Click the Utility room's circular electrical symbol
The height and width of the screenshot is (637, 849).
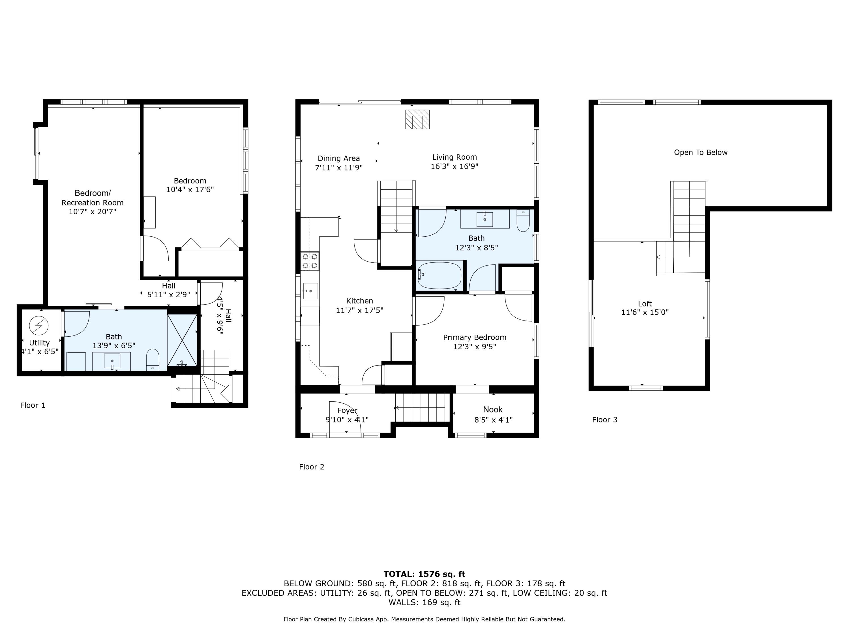(x=39, y=326)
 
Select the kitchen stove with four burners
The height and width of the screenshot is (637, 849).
(x=310, y=261)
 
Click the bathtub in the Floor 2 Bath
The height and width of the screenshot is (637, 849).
(x=439, y=275)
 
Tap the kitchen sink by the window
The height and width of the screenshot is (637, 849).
(x=310, y=291)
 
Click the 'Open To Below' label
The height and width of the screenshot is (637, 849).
(x=700, y=152)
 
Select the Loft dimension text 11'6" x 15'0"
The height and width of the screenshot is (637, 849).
(x=645, y=313)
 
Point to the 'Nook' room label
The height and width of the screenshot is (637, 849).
(x=493, y=409)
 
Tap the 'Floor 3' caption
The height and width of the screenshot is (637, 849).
(x=604, y=420)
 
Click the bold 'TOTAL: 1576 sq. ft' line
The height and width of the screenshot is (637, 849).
(x=424, y=574)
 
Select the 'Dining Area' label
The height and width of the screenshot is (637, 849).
(x=338, y=158)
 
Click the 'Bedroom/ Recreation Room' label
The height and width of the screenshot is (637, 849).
(x=93, y=198)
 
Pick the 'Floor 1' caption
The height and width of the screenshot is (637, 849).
(x=33, y=405)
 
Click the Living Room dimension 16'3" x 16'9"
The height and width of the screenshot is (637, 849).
(x=454, y=166)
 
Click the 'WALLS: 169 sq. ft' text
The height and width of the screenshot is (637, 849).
(x=424, y=602)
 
